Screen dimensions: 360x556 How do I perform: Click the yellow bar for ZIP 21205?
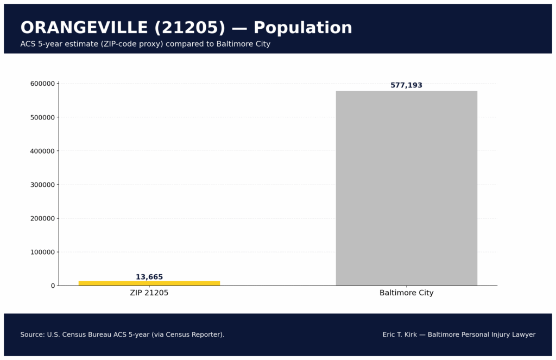[x=149, y=283]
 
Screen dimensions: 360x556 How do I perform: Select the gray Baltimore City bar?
[x=406, y=188]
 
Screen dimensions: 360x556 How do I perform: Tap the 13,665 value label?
[x=149, y=277]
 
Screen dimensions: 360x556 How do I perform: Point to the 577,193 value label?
[x=406, y=85]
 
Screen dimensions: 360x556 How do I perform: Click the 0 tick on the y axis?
[x=53, y=286]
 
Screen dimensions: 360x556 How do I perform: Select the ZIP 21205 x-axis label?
[x=149, y=293]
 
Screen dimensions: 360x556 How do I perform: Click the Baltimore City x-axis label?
[x=406, y=293]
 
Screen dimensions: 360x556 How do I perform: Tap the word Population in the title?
[x=302, y=28]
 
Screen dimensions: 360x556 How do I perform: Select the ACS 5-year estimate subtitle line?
[x=145, y=44]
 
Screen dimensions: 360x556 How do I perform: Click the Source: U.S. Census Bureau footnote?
[x=122, y=334]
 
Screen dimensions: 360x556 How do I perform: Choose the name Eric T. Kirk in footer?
[x=400, y=334]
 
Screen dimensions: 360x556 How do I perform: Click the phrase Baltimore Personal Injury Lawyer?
[x=482, y=334]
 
